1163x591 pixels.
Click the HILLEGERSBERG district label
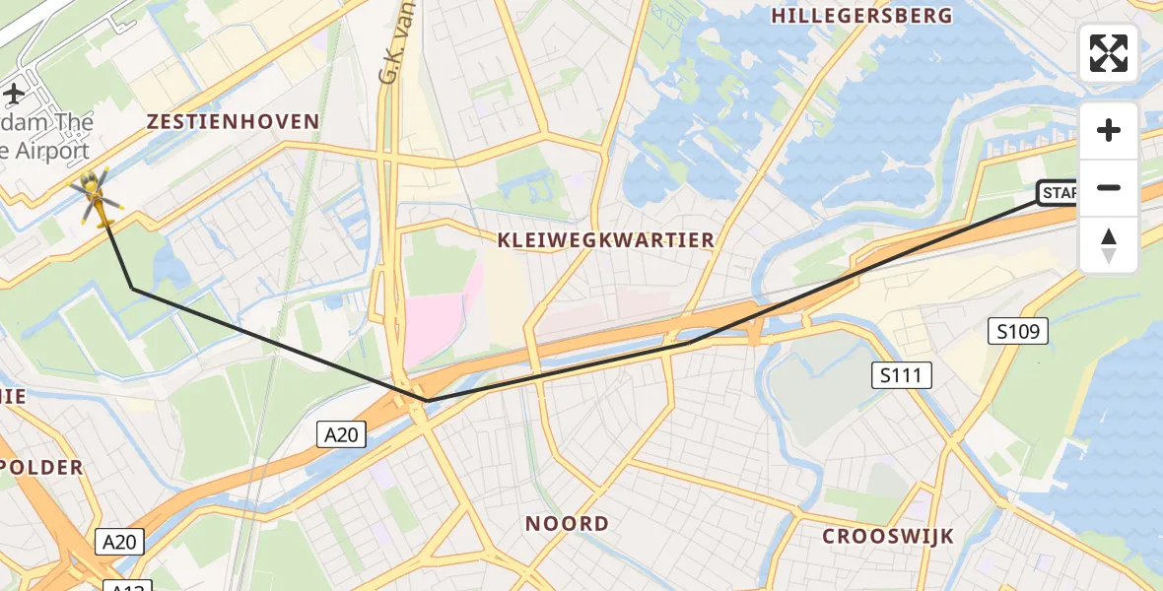(x=861, y=16)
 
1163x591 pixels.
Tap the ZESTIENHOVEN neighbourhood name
(x=233, y=122)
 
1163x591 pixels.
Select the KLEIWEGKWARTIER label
(x=605, y=240)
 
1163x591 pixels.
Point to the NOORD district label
(x=567, y=523)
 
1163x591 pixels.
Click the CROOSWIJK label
(x=888, y=536)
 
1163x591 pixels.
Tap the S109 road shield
(x=1017, y=331)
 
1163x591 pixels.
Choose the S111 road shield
(x=901, y=374)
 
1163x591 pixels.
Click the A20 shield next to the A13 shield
(x=121, y=541)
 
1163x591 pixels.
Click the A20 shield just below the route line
(x=342, y=433)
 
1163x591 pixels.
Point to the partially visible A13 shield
(x=127, y=585)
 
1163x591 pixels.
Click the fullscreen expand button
(x=1109, y=53)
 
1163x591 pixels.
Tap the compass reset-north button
(x=1109, y=245)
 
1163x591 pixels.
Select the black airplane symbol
(x=14, y=94)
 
